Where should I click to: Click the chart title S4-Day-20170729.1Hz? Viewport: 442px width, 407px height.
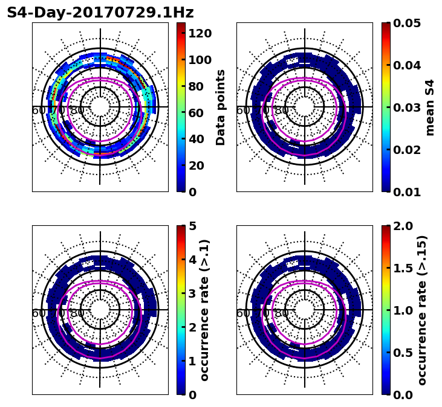(100, 13)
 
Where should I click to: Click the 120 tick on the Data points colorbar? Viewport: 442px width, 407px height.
(200, 33)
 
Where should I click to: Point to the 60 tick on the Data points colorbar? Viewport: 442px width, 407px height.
(196, 112)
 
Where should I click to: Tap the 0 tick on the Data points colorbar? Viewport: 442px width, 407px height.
(192, 192)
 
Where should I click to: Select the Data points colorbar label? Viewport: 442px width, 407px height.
(221, 107)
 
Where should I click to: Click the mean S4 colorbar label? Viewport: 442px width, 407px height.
(430, 107)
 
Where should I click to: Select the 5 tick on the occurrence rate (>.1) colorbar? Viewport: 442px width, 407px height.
(192, 226)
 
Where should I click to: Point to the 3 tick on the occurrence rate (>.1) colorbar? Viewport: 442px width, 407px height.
(192, 293)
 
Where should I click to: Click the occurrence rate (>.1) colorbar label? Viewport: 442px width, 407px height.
(204, 310)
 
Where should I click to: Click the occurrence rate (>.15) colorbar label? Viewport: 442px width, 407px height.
(422, 310)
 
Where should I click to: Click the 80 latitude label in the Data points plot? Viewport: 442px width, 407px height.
(77, 111)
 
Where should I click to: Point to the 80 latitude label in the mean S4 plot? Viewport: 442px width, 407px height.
(282, 111)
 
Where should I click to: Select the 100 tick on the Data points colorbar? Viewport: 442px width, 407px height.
(200, 60)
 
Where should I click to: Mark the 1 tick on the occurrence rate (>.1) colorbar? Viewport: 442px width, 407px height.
(192, 361)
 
